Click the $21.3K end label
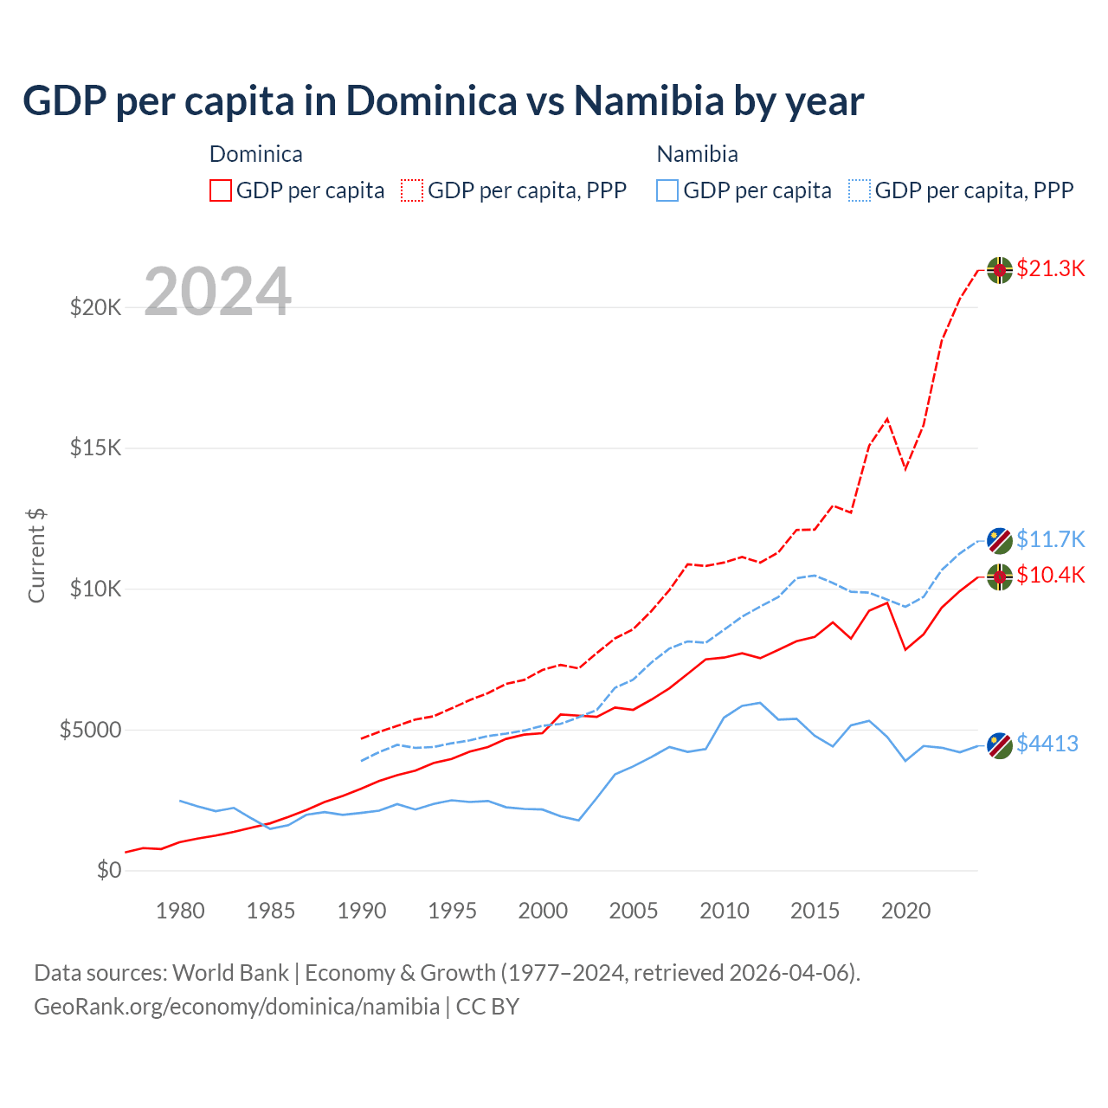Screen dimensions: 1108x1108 [x=1050, y=268]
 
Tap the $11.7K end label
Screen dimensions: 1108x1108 [x=1050, y=539]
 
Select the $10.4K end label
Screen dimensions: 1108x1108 [x=1050, y=575]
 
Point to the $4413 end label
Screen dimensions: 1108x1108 [x=1047, y=744]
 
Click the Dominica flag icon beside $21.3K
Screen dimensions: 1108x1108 [x=1000, y=270]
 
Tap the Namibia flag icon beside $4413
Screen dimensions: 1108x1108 [x=1000, y=745]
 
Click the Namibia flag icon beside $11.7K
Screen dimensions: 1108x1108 [x=1000, y=541]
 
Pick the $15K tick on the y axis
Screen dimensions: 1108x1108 [x=95, y=448]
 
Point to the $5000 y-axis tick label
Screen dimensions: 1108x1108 [x=90, y=730]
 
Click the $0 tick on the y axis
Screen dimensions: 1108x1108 [x=108, y=870]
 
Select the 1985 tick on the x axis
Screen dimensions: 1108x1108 [x=271, y=911]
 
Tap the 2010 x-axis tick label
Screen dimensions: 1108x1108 [x=725, y=911]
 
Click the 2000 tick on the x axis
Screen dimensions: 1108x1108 [x=543, y=911]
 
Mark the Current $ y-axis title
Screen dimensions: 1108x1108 [x=36, y=556]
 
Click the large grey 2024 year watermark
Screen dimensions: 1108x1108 [x=217, y=292]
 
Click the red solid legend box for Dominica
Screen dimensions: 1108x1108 [x=221, y=190]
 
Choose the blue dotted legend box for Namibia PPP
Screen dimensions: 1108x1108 [x=860, y=190]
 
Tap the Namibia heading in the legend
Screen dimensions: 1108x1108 [x=697, y=154]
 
